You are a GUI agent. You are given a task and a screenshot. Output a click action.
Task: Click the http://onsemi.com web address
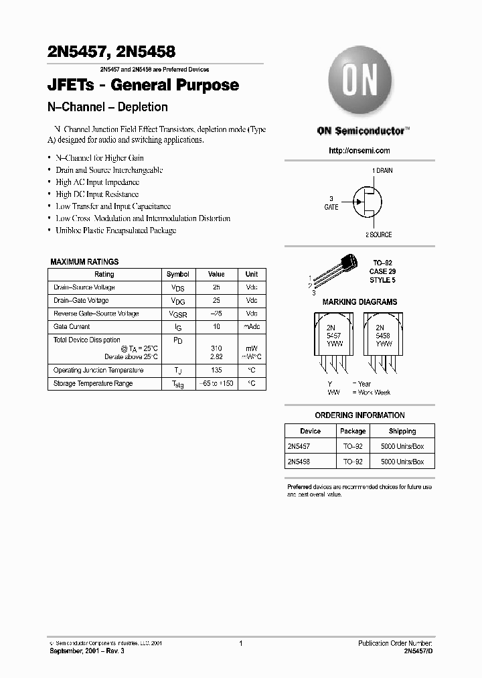coord(359,151)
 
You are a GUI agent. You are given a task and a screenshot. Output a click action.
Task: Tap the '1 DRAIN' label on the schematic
coord(382,171)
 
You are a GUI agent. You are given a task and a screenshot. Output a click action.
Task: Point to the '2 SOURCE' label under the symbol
coord(378,234)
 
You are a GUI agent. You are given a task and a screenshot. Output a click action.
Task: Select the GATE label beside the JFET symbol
coord(331,207)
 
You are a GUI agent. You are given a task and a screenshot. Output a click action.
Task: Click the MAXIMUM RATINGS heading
coord(84,262)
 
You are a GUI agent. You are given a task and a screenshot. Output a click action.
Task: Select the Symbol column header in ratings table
coord(177,274)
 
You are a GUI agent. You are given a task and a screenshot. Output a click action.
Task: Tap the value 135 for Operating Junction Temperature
coord(216,370)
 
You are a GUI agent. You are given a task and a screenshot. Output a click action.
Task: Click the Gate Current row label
coord(72,326)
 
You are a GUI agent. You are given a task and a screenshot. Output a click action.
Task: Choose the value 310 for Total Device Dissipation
coord(216,348)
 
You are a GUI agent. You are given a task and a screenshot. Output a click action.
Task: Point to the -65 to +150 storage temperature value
coord(216,384)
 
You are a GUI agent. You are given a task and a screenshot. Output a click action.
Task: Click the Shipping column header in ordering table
coord(402,431)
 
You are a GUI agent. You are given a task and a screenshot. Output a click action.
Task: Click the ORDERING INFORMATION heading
coord(359,415)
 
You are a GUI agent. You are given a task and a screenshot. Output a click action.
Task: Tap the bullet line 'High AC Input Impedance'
coord(97,182)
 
